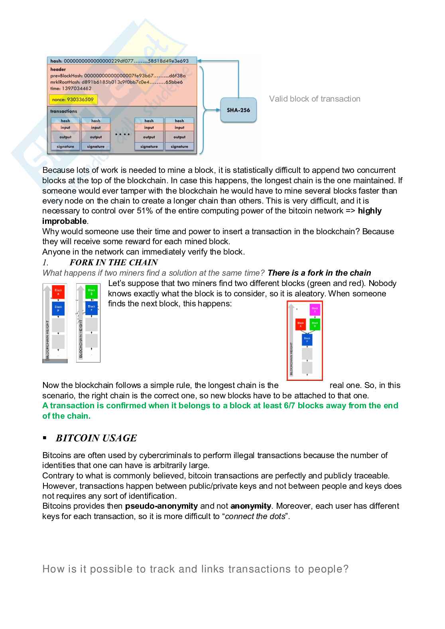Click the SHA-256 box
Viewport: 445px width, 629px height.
coord(238,110)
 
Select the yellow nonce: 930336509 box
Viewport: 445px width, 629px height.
coord(73,100)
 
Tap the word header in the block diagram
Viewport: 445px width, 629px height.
coord(58,69)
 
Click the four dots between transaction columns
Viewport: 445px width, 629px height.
coord(122,134)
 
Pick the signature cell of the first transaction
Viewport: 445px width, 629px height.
coord(65,147)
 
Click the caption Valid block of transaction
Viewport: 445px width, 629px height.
coord(314,99)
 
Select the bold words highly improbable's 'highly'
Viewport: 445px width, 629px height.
coord(370,211)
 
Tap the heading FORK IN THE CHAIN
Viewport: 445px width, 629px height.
coord(114,263)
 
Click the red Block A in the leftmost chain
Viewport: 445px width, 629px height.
coord(58,292)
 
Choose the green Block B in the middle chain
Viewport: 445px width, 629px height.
coord(91,292)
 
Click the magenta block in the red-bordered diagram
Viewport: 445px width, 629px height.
coord(315,310)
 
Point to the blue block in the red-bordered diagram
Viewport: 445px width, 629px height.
coord(307,339)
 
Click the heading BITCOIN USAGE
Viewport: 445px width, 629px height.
coord(96,438)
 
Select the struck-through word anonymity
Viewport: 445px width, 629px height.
coord(251,506)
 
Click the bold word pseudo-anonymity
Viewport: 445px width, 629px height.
coord(161,506)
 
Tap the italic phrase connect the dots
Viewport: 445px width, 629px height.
coord(255,517)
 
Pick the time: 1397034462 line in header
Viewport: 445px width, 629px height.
coord(71,88)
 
